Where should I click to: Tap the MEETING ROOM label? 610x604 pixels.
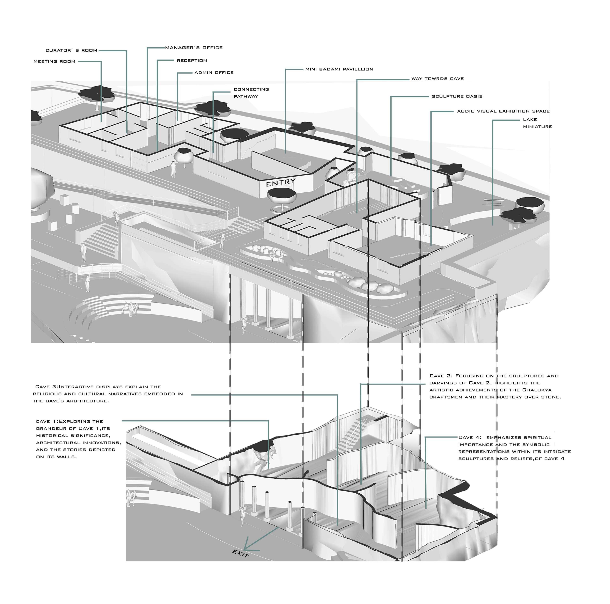point(54,61)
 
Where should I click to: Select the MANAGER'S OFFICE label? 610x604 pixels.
point(194,48)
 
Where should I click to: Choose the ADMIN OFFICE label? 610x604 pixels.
point(214,73)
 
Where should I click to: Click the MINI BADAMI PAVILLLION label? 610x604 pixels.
point(339,69)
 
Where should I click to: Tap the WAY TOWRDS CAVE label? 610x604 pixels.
point(437,79)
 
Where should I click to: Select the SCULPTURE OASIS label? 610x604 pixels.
point(457,96)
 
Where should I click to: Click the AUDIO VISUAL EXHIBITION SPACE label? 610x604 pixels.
point(503,111)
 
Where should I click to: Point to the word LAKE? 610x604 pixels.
point(530,120)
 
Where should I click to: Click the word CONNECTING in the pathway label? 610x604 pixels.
point(251,90)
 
